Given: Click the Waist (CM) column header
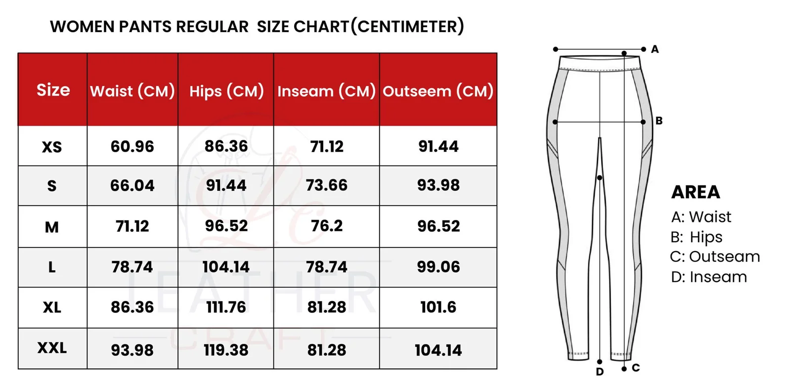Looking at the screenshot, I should tap(132, 91).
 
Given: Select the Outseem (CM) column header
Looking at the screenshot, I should tap(438, 91).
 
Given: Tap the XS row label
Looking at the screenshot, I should tap(52, 147).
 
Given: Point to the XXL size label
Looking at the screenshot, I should tap(52, 348).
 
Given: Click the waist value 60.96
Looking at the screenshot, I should tap(132, 146).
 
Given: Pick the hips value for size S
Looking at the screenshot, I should tap(226, 185).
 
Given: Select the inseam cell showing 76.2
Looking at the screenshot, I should tap(326, 226).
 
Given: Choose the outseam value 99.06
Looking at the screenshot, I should tap(438, 267).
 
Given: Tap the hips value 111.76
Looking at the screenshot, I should tap(226, 307).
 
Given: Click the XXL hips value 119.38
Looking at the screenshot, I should tap(226, 350).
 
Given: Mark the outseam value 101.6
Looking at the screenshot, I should tap(438, 307).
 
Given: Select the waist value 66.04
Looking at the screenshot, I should tap(132, 185).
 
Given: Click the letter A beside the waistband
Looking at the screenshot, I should tap(655, 49).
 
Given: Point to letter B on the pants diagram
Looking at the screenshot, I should tap(659, 121).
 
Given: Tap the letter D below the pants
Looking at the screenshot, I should tap(600, 372).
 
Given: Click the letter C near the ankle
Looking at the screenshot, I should tap(636, 368).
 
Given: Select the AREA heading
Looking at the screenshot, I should tap(696, 192).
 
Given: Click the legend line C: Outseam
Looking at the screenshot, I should tap(715, 257).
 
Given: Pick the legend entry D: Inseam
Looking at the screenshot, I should tap(709, 277).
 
